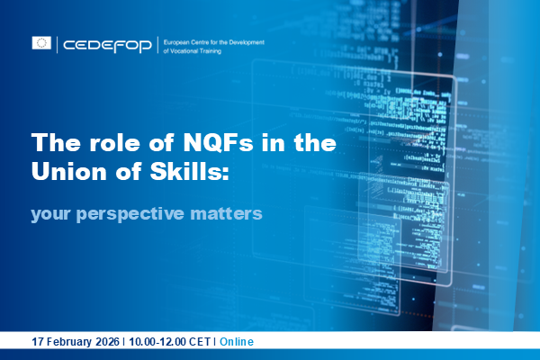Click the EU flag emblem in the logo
click(x=41, y=42)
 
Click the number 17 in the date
click(x=37, y=343)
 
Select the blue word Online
click(x=237, y=343)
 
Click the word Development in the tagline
click(x=257, y=40)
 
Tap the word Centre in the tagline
click(x=211, y=40)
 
